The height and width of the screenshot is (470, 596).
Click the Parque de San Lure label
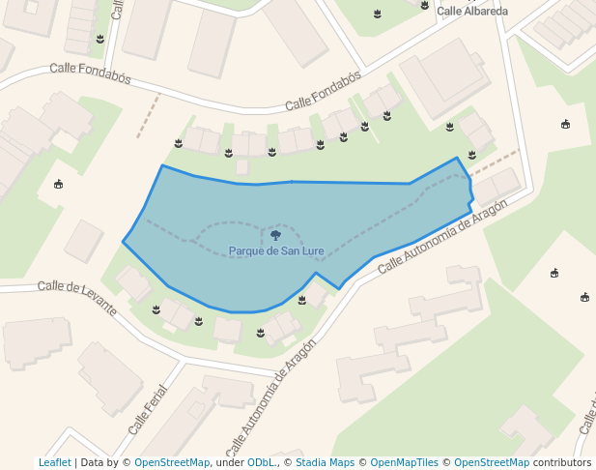pyautogui.click(x=276, y=251)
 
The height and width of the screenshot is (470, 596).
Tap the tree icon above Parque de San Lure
pyautogui.click(x=275, y=235)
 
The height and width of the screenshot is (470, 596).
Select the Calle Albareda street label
pyautogui.click(x=472, y=12)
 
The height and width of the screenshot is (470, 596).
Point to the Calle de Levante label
pyautogui.click(x=76, y=298)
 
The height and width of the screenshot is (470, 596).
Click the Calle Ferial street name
pyautogui.click(x=148, y=410)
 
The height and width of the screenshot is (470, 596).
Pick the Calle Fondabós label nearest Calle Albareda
pyautogui.click(x=324, y=90)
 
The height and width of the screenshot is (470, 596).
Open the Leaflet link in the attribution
pyautogui.click(x=54, y=462)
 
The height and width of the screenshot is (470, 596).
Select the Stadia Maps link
pyautogui.click(x=325, y=462)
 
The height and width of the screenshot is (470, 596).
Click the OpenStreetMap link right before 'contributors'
pyautogui.click(x=491, y=462)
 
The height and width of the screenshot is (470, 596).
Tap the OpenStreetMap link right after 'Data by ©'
pyautogui.click(x=172, y=462)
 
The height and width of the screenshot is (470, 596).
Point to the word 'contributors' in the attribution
pyautogui.click(x=561, y=462)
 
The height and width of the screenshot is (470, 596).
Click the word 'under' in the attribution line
pyautogui.click(x=230, y=462)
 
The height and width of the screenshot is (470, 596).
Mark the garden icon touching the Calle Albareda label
pyautogui.click(x=425, y=5)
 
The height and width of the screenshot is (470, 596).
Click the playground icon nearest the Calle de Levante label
pyautogui.click(x=59, y=184)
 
